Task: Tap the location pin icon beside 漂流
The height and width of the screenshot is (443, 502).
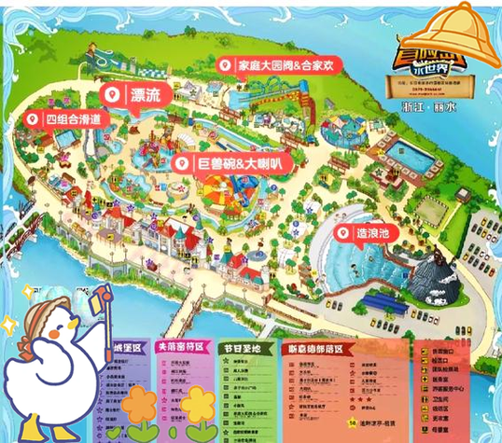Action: coord(111,94)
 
